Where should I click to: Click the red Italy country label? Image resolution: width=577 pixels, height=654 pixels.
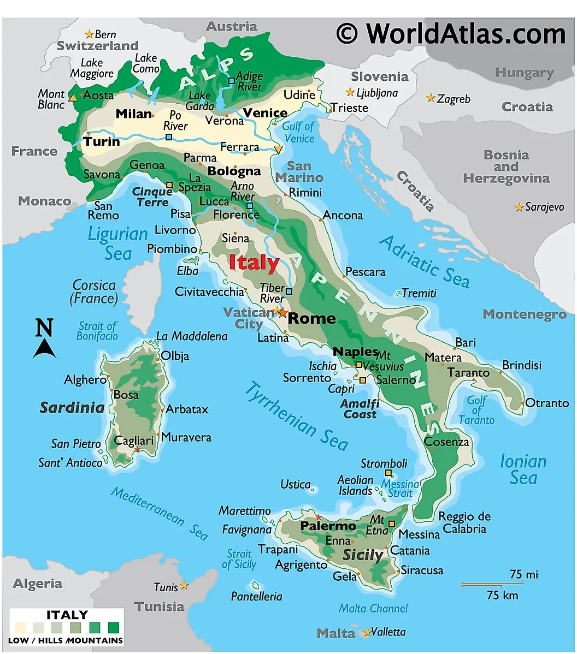254,263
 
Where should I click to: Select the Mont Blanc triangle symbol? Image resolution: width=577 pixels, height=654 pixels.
73,97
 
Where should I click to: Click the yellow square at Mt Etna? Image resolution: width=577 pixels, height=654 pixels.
392,524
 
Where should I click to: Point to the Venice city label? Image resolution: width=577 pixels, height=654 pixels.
265,113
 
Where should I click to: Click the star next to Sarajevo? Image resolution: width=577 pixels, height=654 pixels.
519,207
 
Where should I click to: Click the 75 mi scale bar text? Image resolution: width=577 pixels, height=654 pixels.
523,574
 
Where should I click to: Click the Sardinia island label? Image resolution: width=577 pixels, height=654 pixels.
72,407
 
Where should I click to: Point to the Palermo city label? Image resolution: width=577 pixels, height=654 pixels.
328,526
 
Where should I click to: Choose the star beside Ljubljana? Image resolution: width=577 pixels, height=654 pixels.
350,92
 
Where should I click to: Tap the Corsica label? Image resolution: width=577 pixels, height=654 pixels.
94,292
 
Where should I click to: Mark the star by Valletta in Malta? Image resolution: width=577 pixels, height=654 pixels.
366,633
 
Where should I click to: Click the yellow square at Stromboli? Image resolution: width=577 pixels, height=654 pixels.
388,473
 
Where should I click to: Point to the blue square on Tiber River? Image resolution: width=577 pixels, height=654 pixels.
289,292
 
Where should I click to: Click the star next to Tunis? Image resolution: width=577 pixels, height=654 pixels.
184,585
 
